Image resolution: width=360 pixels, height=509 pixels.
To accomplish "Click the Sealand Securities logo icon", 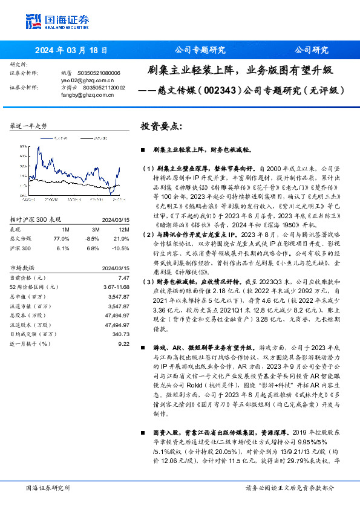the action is tap(33, 21).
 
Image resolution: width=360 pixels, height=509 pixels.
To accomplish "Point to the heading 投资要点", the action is tap(161, 126).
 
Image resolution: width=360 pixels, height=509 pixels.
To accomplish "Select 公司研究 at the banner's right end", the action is tap(312, 51).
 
